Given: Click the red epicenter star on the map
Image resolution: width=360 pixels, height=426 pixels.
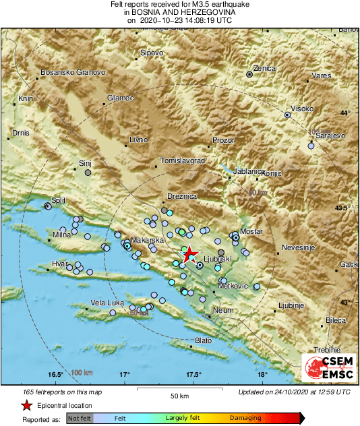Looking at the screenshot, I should (188, 254).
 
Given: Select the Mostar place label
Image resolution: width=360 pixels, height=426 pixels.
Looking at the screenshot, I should (251, 231).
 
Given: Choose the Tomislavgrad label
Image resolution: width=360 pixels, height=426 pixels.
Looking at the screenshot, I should (182, 161).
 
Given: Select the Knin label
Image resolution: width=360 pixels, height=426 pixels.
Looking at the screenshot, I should (26, 98).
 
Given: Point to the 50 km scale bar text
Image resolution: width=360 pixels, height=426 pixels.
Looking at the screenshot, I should (178, 394).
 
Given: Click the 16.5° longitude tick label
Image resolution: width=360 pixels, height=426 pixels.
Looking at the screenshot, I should (55, 374).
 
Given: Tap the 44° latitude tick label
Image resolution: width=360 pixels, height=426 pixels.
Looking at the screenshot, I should (346, 113).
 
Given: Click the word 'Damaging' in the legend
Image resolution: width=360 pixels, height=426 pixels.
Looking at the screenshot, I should (245, 419).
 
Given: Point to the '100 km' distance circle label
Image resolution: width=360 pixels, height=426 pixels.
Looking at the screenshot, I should (82, 372).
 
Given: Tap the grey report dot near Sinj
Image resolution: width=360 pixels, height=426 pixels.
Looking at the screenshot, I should (88, 173).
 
